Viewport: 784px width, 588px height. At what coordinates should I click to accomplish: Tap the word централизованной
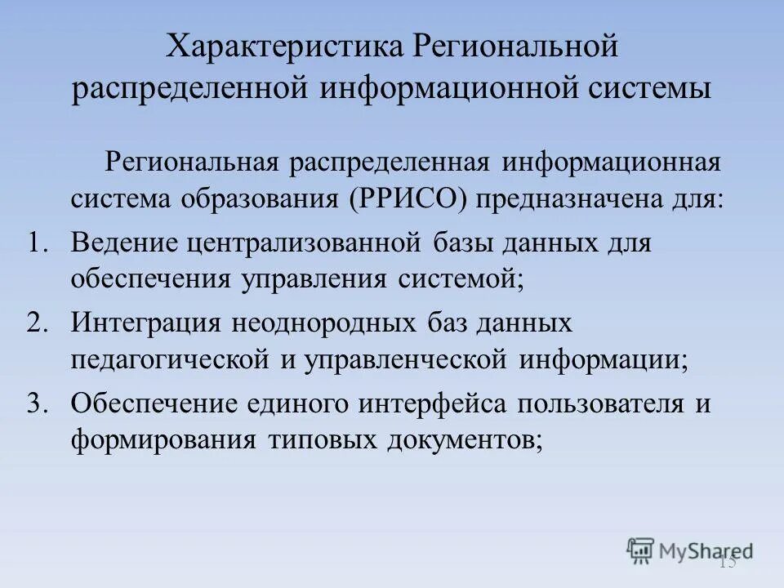point(299,243)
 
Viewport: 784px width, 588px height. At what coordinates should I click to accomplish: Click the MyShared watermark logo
point(690,550)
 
